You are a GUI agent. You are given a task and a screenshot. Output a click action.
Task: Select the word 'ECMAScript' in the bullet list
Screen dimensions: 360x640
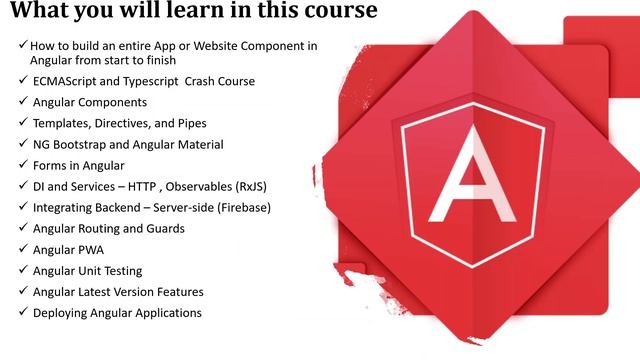pyautogui.click(x=65, y=81)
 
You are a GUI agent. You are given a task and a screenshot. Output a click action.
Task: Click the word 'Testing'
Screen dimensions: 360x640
pyautogui.click(x=119, y=270)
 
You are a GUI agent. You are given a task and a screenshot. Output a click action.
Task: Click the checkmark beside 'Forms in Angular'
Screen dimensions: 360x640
pyautogui.click(x=22, y=165)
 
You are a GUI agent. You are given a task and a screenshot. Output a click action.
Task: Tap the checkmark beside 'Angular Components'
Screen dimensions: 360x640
pyautogui.click(x=22, y=102)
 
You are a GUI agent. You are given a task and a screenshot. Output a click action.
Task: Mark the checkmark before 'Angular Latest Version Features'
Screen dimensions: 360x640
pyautogui.click(x=22, y=291)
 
